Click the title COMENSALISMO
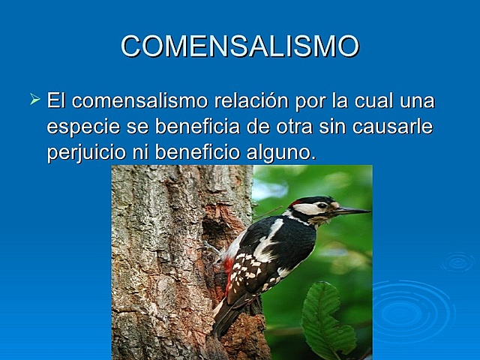pos(240,46)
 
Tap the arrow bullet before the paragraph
pos(34,98)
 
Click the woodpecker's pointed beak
pos(352,211)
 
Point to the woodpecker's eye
pos(320,205)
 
